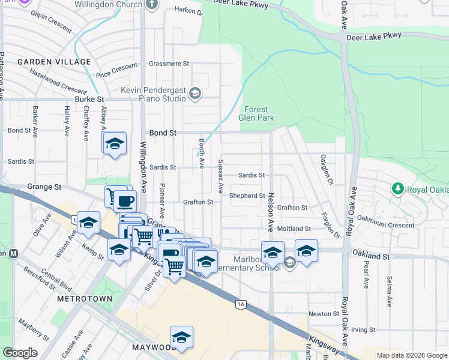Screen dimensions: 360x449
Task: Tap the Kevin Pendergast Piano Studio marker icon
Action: [194, 93]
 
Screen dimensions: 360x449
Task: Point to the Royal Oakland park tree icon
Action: [397, 189]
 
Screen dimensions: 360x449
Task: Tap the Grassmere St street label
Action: [169, 63]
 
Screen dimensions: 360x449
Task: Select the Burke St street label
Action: [89, 98]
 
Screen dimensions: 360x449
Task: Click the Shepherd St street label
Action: [247, 196]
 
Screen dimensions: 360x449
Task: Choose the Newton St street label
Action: [324, 314]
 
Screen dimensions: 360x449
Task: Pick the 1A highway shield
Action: [241, 304]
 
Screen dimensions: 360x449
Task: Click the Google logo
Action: [21, 353]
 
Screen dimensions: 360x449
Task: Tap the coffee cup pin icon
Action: [125, 200]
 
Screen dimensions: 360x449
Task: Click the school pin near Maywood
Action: [181, 337]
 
